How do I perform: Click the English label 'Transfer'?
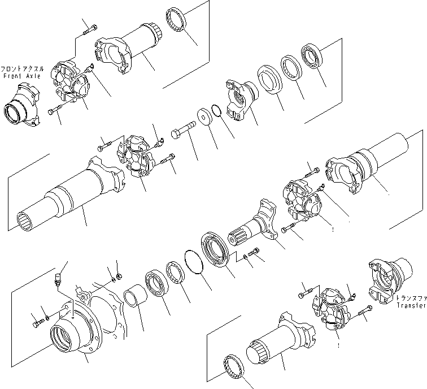coord(409,305)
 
